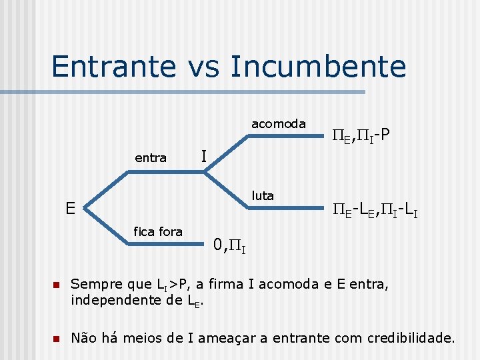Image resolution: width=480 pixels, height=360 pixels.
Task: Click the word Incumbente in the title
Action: point(318,66)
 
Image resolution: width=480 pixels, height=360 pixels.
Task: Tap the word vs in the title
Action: point(201,67)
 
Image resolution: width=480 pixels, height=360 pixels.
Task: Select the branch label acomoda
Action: point(278,123)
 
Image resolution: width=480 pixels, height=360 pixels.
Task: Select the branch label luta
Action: point(263,195)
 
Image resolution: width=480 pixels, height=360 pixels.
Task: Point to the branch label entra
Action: point(151,158)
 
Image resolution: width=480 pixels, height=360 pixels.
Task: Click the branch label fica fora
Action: point(158,231)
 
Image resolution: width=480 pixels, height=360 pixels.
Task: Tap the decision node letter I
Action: point(204,156)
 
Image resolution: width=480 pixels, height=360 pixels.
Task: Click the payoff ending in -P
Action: point(361,136)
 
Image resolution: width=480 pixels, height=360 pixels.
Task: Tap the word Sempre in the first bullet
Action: point(96,283)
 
